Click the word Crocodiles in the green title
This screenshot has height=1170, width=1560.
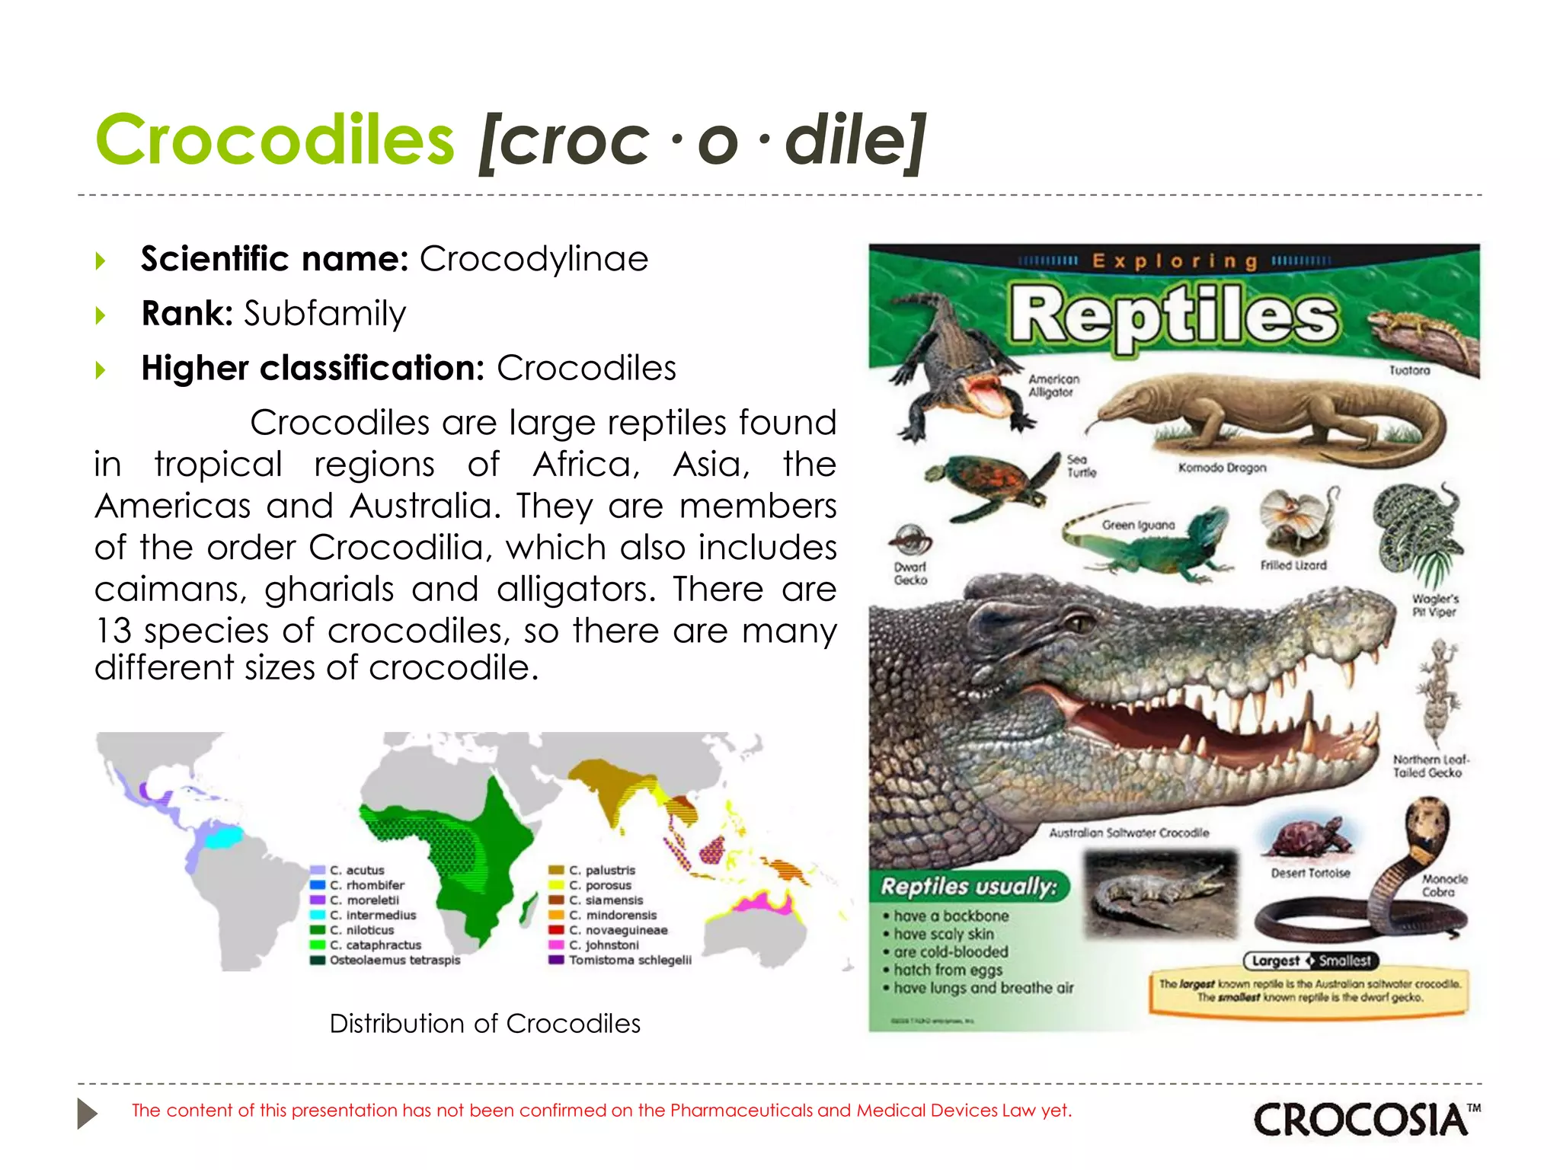274,140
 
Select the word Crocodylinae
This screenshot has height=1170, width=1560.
533,259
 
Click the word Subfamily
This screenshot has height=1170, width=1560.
324,314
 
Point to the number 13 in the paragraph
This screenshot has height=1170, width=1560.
113,631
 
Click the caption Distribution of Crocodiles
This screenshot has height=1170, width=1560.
484,1023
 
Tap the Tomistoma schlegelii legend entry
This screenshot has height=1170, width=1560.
630,960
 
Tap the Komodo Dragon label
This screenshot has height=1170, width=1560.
1222,468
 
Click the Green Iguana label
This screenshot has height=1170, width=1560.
1138,525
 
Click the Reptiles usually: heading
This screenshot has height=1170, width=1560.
969,887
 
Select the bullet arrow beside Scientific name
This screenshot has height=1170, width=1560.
101,261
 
